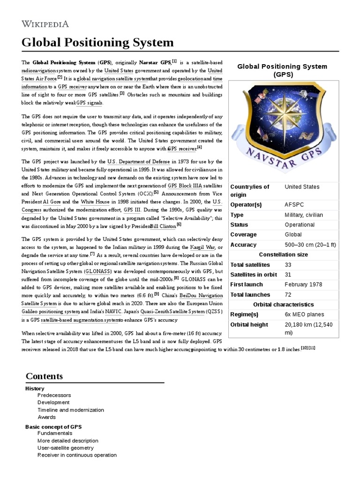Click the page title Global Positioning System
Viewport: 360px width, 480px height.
coord(97,43)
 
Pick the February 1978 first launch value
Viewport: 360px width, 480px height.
coord(304,285)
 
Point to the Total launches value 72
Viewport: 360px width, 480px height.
coord(288,295)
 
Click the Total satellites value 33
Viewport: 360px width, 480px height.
coord(288,265)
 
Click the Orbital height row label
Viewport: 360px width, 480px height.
coord(249,324)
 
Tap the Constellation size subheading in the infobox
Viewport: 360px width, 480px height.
coord(283,255)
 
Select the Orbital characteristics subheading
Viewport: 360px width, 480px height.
coord(283,304)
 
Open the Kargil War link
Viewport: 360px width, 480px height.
coord(202,247)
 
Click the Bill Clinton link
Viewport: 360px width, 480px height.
coord(163,225)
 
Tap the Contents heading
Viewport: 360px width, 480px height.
coord(44,376)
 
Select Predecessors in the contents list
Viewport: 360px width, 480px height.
coord(54,395)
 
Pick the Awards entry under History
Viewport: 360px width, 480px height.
coord(46,417)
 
